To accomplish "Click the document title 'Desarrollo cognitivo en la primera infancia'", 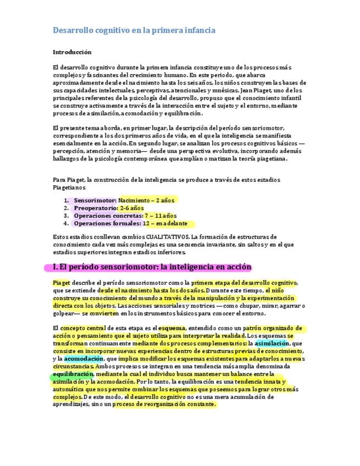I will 134,30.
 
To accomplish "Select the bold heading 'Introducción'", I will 72,52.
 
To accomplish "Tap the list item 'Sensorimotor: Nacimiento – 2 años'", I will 126,201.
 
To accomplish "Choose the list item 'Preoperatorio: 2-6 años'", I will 108,208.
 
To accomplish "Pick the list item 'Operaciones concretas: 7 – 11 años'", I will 125,216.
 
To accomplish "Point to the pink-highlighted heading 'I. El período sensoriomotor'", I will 152,267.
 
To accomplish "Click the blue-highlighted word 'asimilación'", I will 272,343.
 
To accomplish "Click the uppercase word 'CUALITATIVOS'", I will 163,237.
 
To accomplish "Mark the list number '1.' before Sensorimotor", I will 67,201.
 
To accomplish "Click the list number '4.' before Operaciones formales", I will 67,224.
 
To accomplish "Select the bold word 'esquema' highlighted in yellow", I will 172,329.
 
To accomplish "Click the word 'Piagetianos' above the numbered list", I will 69,187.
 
